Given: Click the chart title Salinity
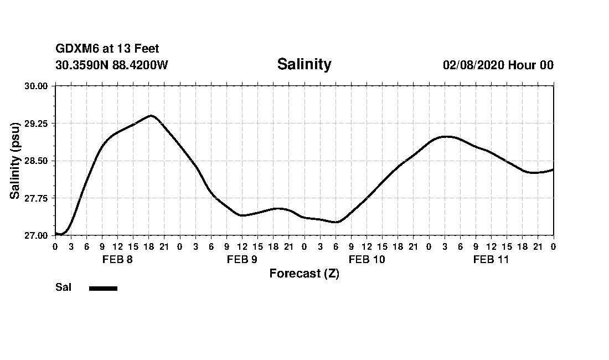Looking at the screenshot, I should coord(304,64).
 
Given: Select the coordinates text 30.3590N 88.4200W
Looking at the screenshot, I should coord(111,65).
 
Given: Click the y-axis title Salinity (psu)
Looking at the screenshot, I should coord(15,161).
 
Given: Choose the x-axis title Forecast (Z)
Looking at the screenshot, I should coord(304,274).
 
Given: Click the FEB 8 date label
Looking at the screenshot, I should coord(117,259).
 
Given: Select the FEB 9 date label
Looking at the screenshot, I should coord(242,259).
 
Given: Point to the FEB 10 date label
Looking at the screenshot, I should coord(367,259).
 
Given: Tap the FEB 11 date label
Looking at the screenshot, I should coord(491,259).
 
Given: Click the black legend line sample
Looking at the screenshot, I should coord(103,288).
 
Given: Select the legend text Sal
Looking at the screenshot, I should coord(63,287).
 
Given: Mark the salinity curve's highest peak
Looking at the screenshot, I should coord(151,115).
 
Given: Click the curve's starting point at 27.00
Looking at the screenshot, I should coord(56,234).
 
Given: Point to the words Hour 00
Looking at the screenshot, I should coord(531,65).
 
